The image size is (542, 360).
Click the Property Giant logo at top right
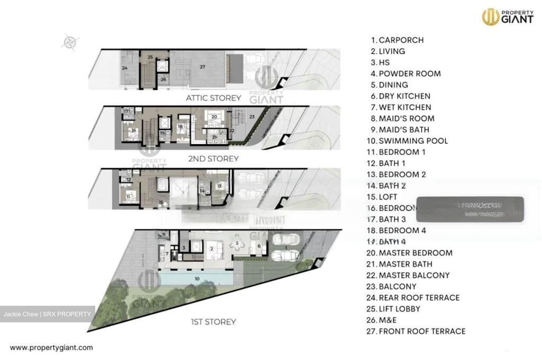click(x=508, y=17)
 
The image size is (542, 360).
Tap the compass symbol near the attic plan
click(x=70, y=42)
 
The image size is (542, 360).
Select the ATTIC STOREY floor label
click(x=213, y=98)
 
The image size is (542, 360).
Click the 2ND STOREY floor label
click(x=213, y=159)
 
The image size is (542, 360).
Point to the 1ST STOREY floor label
click(x=213, y=322)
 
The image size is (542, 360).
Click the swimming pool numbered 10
click(x=197, y=279)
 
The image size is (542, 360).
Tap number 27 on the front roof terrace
click(x=202, y=67)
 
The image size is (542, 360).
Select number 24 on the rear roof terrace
click(x=125, y=68)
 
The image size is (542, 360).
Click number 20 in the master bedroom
click(x=214, y=117)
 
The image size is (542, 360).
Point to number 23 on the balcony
click(x=252, y=117)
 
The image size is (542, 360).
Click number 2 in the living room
click(x=212, y=249)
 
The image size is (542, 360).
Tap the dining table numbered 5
click(x=237, y=244)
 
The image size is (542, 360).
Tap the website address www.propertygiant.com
click(x=51, y=348)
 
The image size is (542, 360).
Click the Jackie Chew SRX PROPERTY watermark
click(x=47, y=314)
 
